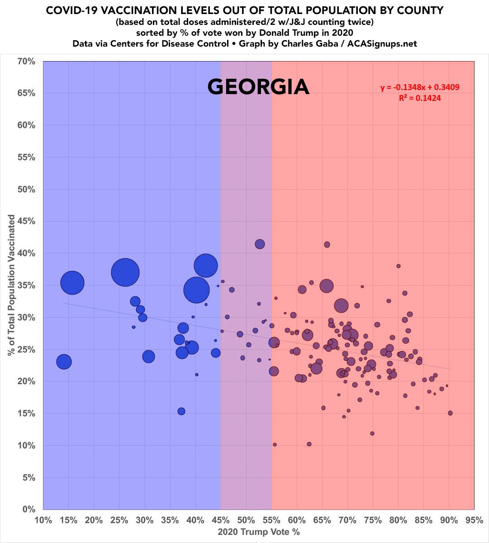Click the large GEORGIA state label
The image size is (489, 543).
point(258,87)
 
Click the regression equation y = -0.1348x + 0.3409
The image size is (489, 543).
point(420,87)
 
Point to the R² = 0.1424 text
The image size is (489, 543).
point(420,97)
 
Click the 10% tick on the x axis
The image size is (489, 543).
point(43,520)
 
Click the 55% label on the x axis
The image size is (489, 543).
point(271,520)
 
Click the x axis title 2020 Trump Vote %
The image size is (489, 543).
point(259,532)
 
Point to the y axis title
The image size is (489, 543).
point(11,285)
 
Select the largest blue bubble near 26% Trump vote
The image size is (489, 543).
point(125,272)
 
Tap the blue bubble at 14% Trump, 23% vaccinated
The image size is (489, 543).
point(64,362)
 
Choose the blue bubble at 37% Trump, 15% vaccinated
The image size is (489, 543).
point(181,411)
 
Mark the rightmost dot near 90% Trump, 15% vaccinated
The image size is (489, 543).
point(450,413)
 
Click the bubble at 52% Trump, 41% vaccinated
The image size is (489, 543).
point(260,244)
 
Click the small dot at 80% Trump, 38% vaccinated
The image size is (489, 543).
point(399,266)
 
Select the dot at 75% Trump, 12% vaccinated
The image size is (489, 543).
point(372,433)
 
